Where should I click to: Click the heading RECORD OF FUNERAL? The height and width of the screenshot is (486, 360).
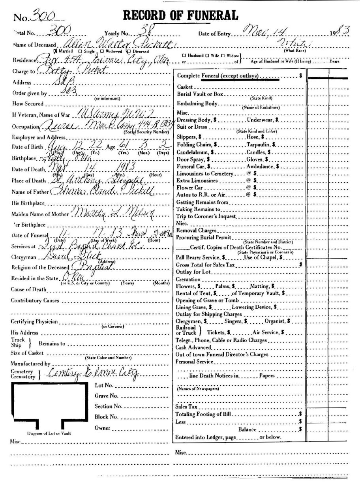[x=181, y=15]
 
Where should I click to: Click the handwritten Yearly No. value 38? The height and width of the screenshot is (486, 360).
[x=137, y=30]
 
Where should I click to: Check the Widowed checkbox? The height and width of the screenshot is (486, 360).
[x=102, y=51]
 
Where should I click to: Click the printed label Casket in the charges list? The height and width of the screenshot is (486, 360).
[x=185, y=86]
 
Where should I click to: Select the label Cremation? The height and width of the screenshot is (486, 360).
[x=188, y=280]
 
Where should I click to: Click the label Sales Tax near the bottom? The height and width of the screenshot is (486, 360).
[x=186, y=406]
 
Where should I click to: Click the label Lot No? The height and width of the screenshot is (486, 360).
[x=104, y=385]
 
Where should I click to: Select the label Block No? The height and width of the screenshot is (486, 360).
[x=107, y=417]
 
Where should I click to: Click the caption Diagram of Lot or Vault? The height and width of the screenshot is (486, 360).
[x=49, y=433]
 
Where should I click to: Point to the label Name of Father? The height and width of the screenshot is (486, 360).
[x=28, y=192]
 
